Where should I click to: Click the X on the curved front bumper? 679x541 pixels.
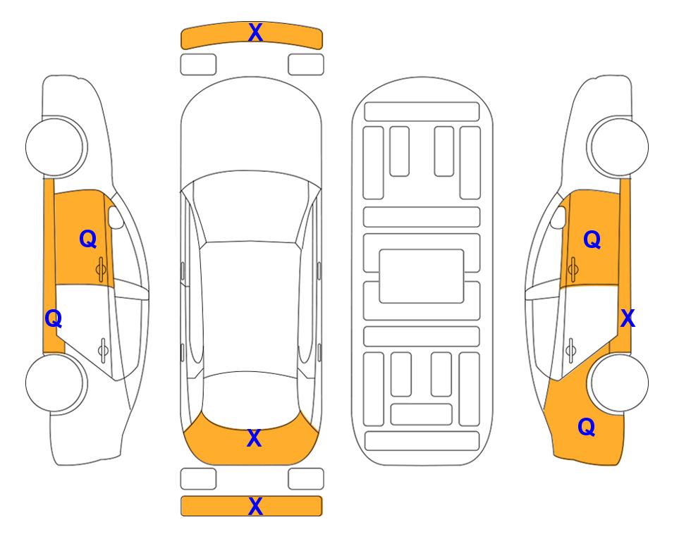[x=255, y=32]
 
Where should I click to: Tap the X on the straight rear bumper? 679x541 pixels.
[x=255, y=506]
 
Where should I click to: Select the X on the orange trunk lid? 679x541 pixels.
[x=254, y=438]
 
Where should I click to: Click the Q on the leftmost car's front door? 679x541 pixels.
[x=88, y=239]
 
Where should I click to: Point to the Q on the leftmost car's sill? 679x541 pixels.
[x=54, y=319]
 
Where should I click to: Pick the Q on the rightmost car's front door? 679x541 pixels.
[x=592, y=240]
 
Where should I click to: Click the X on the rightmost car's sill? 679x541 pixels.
[x=628, y=319]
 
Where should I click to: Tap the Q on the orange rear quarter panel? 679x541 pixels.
[x=587, y=427]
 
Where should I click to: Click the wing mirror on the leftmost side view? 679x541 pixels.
[x=116, y=217]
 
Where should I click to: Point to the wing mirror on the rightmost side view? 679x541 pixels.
[x=558, y=217]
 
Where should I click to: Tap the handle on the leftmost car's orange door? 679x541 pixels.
[x=101, y=269]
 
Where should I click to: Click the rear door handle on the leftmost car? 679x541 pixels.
[x=103, y=349]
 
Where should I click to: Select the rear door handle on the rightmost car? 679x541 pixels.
[x=571, y=349]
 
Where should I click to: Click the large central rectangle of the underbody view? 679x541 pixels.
[x=422, y=276]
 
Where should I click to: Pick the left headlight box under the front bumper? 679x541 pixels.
[x=198, y=65]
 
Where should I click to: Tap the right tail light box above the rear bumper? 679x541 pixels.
[x=306, y=479]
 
